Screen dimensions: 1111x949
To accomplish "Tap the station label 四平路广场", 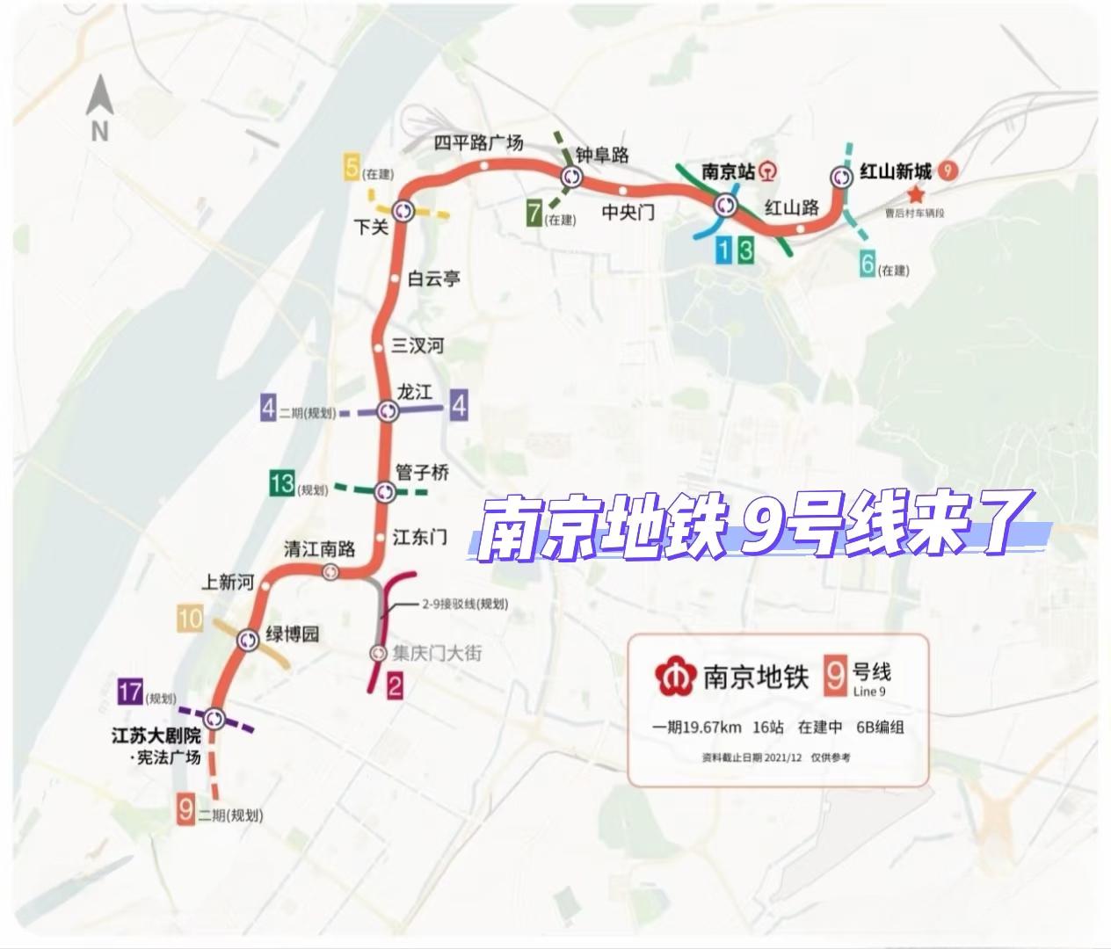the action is [478, 142].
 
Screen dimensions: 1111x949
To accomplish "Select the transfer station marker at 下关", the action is [403, 211].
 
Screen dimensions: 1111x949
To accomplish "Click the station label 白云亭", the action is [433, 279].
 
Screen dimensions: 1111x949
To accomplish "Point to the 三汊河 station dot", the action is [379, 348].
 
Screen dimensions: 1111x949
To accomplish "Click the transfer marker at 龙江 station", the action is [388, 410].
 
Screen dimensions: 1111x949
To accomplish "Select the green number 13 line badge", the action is [282, 483].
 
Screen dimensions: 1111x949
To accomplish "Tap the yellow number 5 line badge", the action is [352, 167].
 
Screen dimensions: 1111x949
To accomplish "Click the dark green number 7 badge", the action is [534, 214].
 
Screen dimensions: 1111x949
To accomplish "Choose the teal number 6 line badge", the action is [868, 264].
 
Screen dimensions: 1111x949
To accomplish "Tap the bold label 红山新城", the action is [895, 171].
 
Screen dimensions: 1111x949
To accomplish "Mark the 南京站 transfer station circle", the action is [726, 205].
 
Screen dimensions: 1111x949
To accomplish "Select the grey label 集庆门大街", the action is [437, 653].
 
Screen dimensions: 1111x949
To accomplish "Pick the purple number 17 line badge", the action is [130, 692].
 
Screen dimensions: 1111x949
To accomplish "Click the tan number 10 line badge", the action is [190, 619].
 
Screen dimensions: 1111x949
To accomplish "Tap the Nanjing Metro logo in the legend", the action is [675, 676].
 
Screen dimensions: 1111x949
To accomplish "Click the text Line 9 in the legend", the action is [870, 692].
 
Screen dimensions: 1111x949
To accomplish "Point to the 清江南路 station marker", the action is [330, 573].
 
